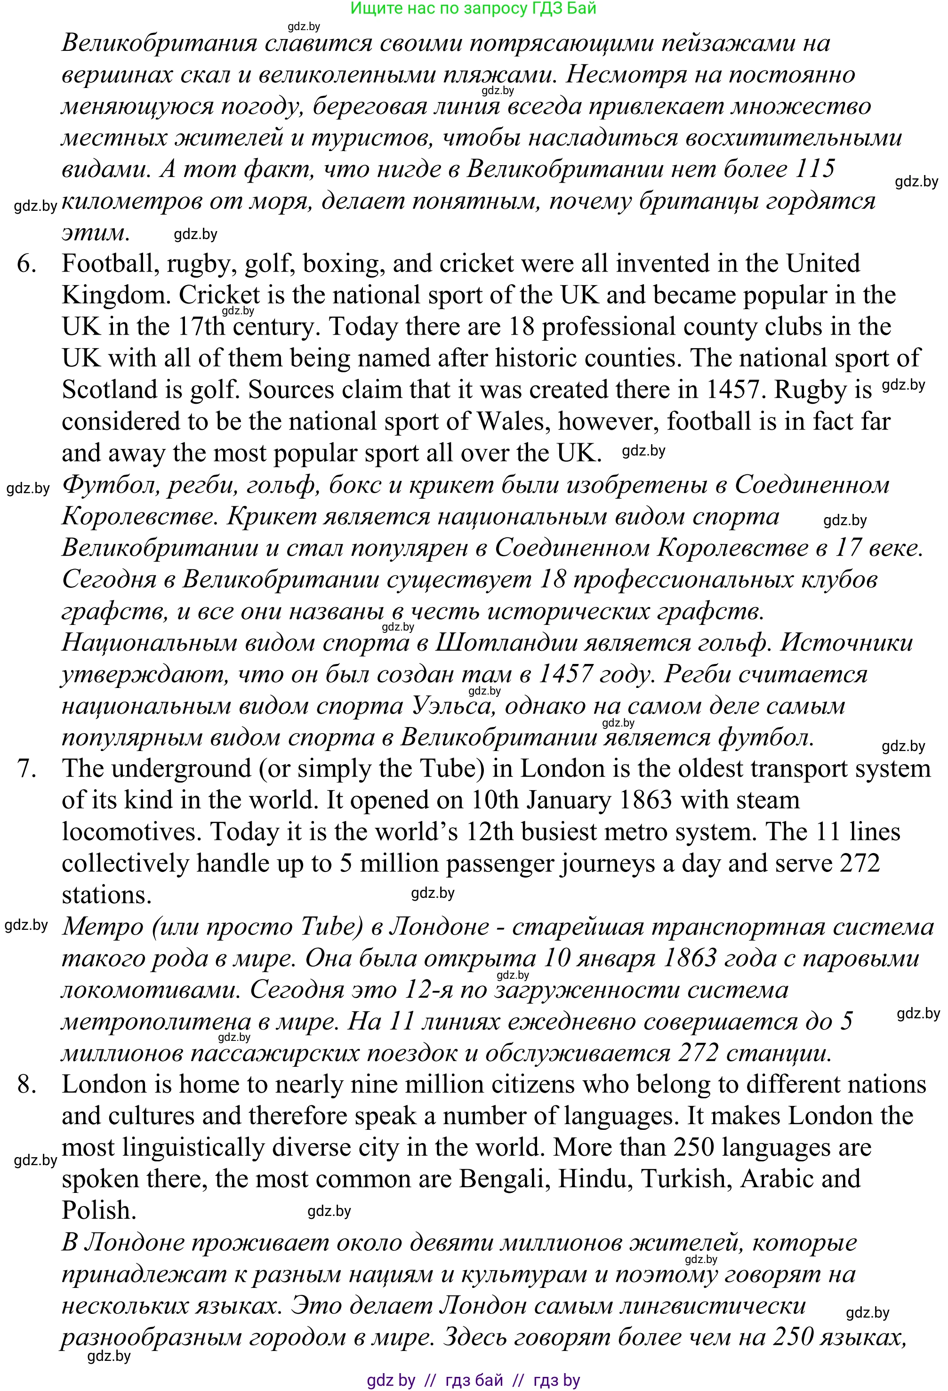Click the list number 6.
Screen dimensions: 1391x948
click(x=26, y=264)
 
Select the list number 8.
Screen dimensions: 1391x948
click(x=27, y=1085)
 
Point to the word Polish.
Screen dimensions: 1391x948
click(x=99, y=1211)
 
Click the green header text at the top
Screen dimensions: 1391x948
click(x=473, y=8)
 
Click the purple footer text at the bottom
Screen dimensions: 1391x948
click(x=473, y=1381)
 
